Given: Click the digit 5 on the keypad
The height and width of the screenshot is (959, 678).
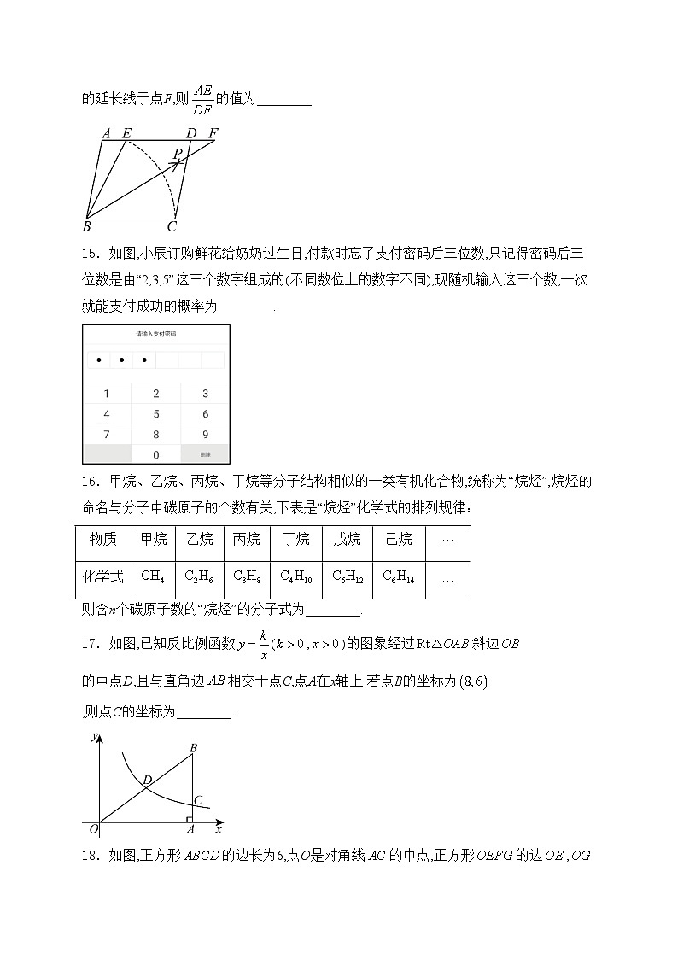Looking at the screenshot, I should point(155,414).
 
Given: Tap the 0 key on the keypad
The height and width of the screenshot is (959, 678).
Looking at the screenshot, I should point(155,455).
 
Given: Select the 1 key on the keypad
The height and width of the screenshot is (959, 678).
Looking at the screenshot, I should point(106,394).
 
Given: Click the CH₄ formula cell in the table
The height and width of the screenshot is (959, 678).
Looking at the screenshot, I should point(153,576).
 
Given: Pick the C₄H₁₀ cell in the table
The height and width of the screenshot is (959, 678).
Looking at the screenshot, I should point(296,577).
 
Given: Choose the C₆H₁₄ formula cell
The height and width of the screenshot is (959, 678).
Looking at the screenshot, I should point(399,577).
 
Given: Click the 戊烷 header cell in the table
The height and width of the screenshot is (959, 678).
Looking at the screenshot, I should point(347,539).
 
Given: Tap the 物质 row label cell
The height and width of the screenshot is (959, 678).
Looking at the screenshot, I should point(102,539).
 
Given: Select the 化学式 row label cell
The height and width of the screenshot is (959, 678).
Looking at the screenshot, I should point(102,576).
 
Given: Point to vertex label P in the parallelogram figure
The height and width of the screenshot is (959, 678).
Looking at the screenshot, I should point(177,154).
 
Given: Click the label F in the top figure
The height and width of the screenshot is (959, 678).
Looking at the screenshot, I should point(213,132).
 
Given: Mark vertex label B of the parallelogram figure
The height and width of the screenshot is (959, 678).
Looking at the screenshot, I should point(86,227).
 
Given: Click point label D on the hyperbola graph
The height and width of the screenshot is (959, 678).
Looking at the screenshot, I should point(147,780).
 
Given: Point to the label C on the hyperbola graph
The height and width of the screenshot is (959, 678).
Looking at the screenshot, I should point(198,800).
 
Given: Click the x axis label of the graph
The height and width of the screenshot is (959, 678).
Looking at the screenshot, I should point(219,828).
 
